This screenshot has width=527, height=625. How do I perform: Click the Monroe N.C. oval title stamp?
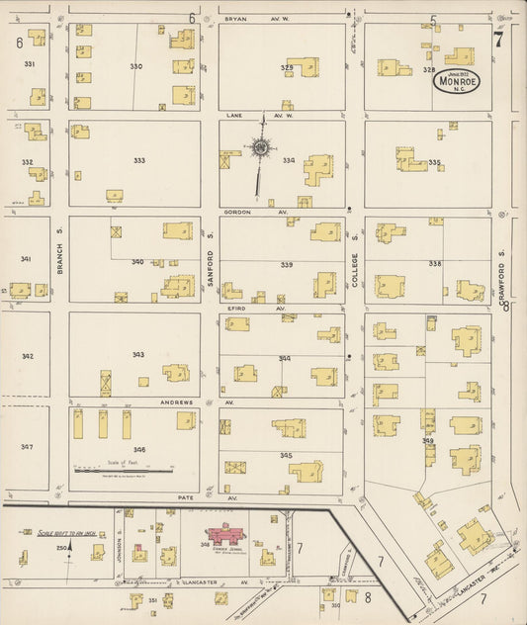pos(456,82)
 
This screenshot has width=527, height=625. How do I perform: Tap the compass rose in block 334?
pos(262,149)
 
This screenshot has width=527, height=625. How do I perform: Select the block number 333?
pos(139,160)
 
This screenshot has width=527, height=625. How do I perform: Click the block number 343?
pos(138,355)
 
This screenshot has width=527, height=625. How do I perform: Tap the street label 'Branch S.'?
pos(59,258)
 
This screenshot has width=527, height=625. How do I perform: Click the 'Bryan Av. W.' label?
pos(242,19)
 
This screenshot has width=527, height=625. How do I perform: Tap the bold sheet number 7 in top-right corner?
pos(499,40)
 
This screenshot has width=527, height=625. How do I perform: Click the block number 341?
pos(27,259)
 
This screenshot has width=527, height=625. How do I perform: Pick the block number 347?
pos(27,446)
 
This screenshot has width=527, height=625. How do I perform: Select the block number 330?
pos(136,66)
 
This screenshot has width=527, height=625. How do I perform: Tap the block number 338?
pos(434,264)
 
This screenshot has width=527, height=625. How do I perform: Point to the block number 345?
pos(286,455)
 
